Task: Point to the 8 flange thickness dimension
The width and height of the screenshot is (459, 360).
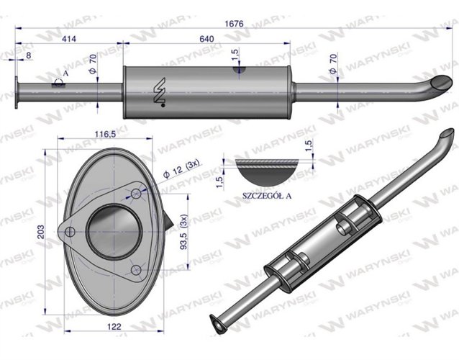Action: (x=27, y=55)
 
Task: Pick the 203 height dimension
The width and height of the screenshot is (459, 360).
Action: (x=40, y=232)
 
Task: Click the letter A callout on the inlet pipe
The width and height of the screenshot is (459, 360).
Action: (x=65, y=73)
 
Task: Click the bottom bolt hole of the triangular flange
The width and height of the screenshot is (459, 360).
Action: (x=137, y=270)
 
